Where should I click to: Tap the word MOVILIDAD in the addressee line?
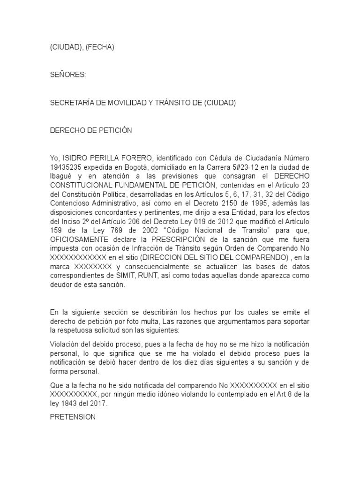(127, 103)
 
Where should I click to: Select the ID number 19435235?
(66, 166)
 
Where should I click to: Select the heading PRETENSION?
(73, 416)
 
